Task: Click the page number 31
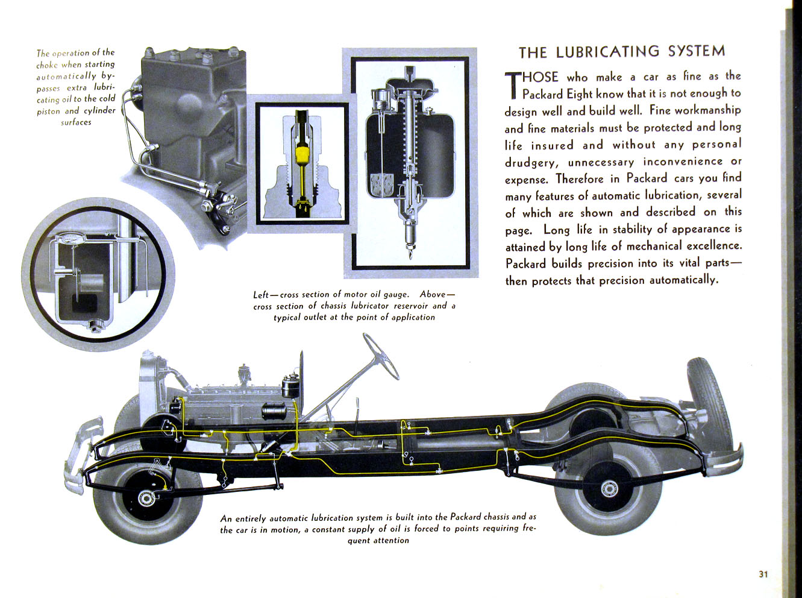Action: [763, 574]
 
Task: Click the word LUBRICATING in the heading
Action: [609, 52]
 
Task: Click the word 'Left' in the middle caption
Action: [261, 295]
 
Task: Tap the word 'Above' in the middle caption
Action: [433, 295]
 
